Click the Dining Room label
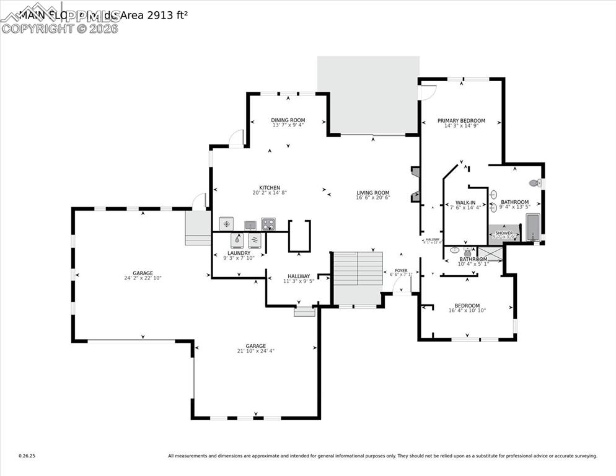click(x=288, y=120)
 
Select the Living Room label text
click(x=372, y=193)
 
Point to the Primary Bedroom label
click(x=461, y=121)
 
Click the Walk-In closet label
click(x=465, y=203)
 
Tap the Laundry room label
click(x=239, y=253)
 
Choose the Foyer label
click(x=402, y=270)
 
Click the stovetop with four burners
click(x=268, y=224)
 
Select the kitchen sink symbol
click(x=250, y=224)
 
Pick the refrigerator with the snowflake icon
click(x=227, y=224)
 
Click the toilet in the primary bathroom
click(x=534, y=183)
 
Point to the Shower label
click(x=504, y=233)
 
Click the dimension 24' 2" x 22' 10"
click(x=143, y=278)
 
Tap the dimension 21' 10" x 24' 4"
click(x=255, y=351)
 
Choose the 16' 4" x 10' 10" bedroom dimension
click(x=467, y=311)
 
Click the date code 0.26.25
click(x=27, y=456)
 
